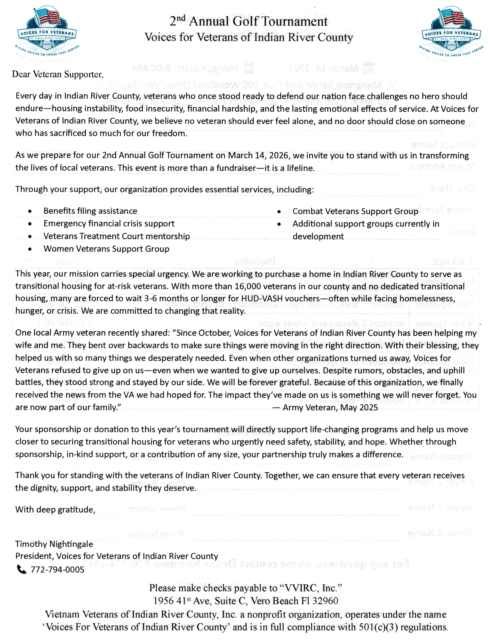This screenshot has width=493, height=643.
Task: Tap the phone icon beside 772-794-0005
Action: click(22, 569)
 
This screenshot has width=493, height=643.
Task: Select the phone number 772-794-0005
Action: click(58, 570)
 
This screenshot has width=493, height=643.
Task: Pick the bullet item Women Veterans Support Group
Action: click(106, 249)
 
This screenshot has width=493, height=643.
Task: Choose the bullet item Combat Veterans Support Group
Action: click(355, 211)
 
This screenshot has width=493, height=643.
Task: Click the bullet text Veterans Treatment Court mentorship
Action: click(117, 236)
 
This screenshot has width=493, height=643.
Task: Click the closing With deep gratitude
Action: click(55, 510)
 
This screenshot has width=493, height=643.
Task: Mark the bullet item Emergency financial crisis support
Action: click(109, 224)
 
